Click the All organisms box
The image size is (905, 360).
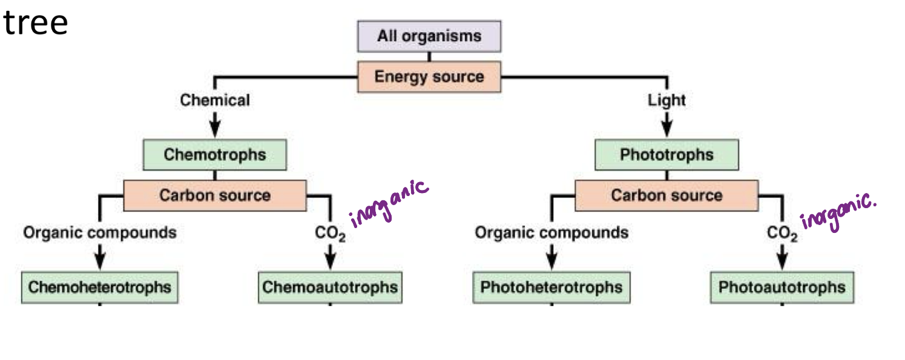pos(429,36)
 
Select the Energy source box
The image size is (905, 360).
pos(429,77)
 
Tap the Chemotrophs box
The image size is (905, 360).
pos(214,154)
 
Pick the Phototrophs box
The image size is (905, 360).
pos(666,154)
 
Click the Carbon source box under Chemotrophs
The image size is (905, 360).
pos(214,195)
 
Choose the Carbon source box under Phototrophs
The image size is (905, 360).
pos(666,195)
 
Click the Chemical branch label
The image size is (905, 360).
pos(214,100)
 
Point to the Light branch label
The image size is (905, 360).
pos(666,100)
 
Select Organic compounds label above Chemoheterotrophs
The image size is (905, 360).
pos(100,232)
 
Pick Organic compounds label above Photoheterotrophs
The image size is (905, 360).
pos(551,232)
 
